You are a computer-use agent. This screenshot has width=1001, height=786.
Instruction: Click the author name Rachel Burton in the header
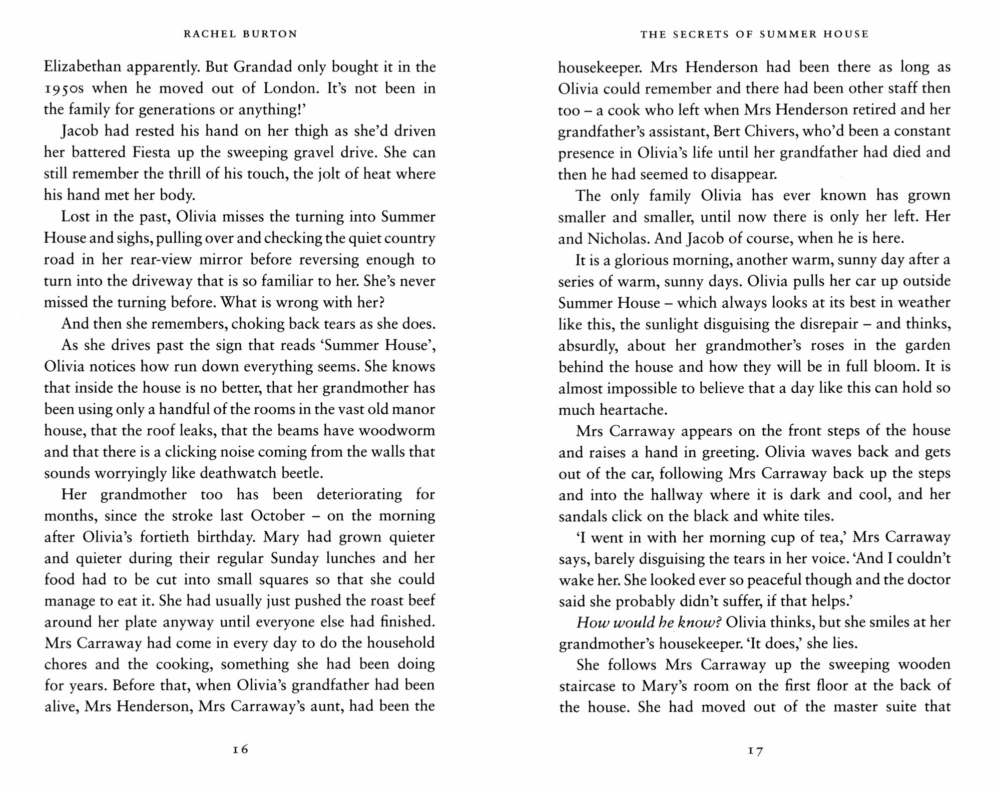240,34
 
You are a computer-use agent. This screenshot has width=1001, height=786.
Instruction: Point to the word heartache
613,409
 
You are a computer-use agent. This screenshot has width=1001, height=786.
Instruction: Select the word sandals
583,516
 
